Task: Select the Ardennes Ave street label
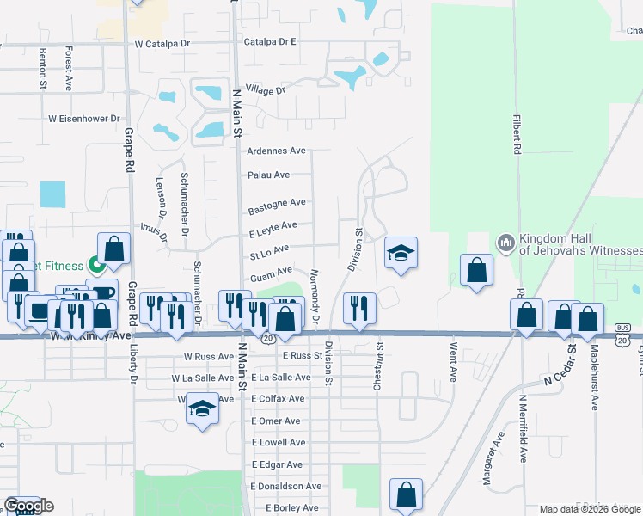click(276, 150)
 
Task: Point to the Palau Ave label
click(268, 175)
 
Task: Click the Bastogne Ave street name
click(277, 206)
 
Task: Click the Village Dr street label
click(265, 90)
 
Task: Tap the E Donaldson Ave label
click(286, 486)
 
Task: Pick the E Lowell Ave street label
click(278, 442)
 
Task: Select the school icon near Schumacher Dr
click(202, 407)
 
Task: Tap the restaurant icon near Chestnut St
click(359, 307)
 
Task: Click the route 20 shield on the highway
click(268, 339)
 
